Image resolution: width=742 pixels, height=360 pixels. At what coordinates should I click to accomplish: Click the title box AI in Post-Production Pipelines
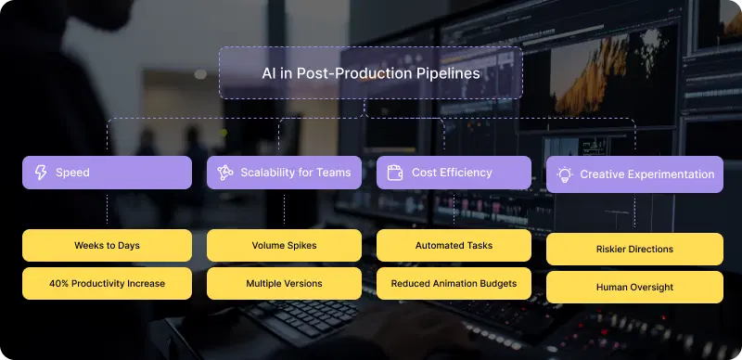point(370,72)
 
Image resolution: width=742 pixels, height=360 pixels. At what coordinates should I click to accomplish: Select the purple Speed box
point(107,173)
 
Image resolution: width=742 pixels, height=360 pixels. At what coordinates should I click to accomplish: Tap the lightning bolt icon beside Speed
point(41,173)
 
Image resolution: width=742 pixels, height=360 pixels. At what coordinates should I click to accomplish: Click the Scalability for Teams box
point(284,173)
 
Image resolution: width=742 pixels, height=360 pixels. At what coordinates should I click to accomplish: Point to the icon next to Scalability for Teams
point(224,173)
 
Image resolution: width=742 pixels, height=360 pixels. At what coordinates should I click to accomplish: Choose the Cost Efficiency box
point(454,173)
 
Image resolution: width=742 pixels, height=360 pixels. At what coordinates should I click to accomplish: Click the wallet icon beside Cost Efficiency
point(394,173)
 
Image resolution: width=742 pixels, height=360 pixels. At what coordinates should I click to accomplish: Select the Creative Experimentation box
point(634,174)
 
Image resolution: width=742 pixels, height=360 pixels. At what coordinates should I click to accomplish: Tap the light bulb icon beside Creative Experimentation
point(564,174)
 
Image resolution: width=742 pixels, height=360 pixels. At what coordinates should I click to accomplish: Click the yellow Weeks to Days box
point(107,246)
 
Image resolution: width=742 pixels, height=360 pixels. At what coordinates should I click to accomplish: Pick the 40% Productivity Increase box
point(107,283)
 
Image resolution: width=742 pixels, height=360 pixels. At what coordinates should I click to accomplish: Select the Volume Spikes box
point(284,246)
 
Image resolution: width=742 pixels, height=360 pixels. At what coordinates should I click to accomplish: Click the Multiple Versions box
point(284,283)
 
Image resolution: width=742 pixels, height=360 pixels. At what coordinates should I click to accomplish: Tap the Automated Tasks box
point(454,246)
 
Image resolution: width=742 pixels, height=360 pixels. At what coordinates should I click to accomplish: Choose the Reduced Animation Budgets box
point(454,283)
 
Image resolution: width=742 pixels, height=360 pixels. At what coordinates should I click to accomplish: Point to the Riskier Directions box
point(634,249)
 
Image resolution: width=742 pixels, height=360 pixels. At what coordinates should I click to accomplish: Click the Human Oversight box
point(634,287)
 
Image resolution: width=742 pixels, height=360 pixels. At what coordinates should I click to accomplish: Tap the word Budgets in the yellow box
point(496,283)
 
